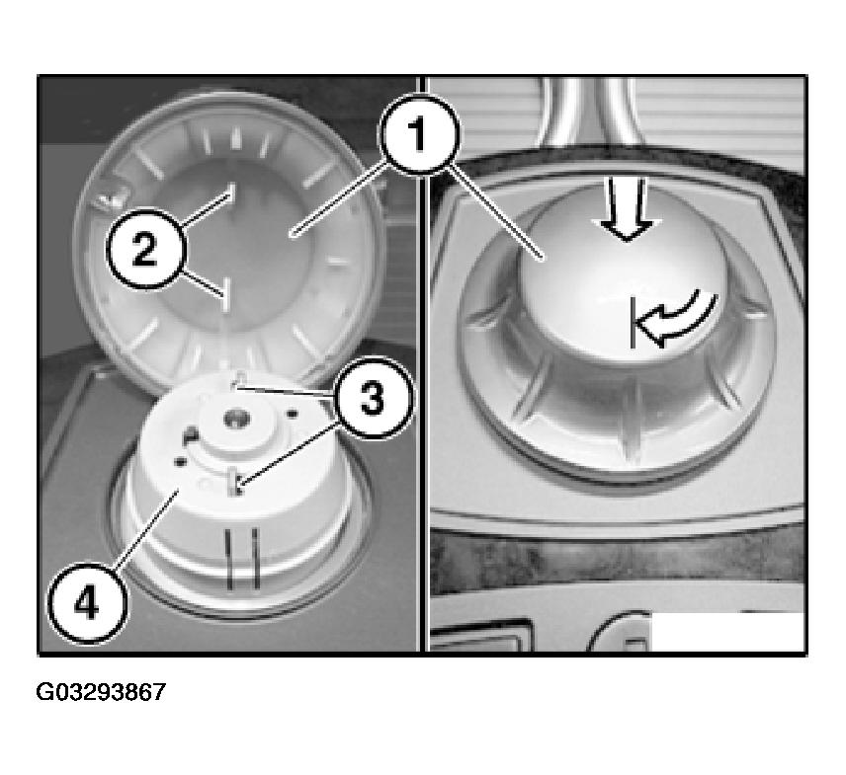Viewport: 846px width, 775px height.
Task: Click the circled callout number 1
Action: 419,134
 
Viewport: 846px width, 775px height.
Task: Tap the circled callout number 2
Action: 146,249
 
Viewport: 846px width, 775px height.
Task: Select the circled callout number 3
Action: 373,398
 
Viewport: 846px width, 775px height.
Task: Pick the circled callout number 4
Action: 88,602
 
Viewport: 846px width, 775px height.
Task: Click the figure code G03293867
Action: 101,691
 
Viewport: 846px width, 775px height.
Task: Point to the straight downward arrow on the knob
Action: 627,209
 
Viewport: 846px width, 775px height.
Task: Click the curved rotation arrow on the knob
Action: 677,320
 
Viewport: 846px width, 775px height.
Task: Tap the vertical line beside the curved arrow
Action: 632,324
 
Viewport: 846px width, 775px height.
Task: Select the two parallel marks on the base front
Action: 242,558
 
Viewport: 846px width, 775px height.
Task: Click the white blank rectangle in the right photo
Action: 727,632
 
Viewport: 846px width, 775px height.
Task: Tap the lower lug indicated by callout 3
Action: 234,482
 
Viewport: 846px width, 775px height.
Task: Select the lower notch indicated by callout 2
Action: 226,295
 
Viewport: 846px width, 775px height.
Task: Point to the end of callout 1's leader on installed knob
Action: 544,260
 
